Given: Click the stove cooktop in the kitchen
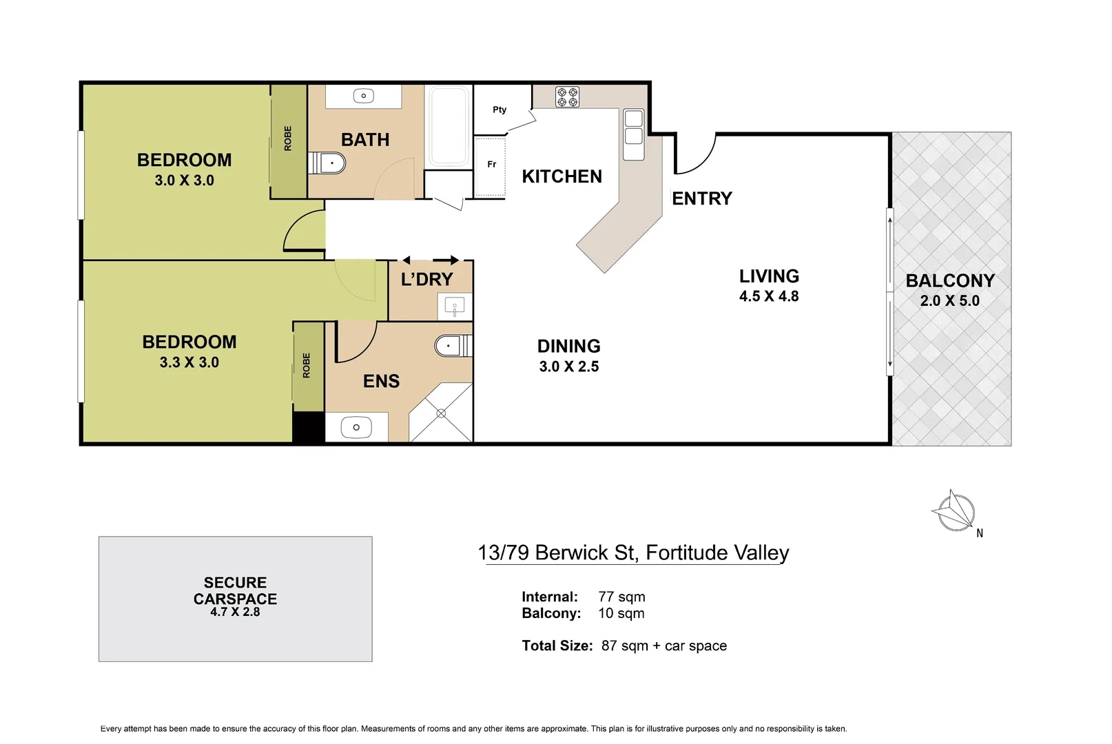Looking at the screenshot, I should click(567, 96).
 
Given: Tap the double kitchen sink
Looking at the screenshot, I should click(633, 127).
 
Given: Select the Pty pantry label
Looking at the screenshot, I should click(500, 110).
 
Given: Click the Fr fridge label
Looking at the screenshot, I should click(491, 164).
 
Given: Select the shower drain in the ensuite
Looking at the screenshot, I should click(441, 413).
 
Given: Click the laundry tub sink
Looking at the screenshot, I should click(454, 306).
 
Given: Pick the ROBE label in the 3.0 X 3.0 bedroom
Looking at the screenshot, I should click(288, 138).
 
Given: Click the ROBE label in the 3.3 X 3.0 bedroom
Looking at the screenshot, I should click(307, 365).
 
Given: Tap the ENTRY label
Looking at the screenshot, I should click(701, 198).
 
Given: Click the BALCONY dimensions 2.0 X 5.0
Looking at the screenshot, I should click(949, 301).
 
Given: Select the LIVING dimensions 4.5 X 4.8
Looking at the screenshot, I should click(768, 296).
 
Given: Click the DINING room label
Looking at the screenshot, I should click(568, 346).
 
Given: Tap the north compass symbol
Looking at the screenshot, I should click(955, 511).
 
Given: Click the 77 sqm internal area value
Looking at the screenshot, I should click(621, 597).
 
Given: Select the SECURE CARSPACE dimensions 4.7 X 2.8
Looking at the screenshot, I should click(235, 612).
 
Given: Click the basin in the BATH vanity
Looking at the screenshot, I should click(363, 96).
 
